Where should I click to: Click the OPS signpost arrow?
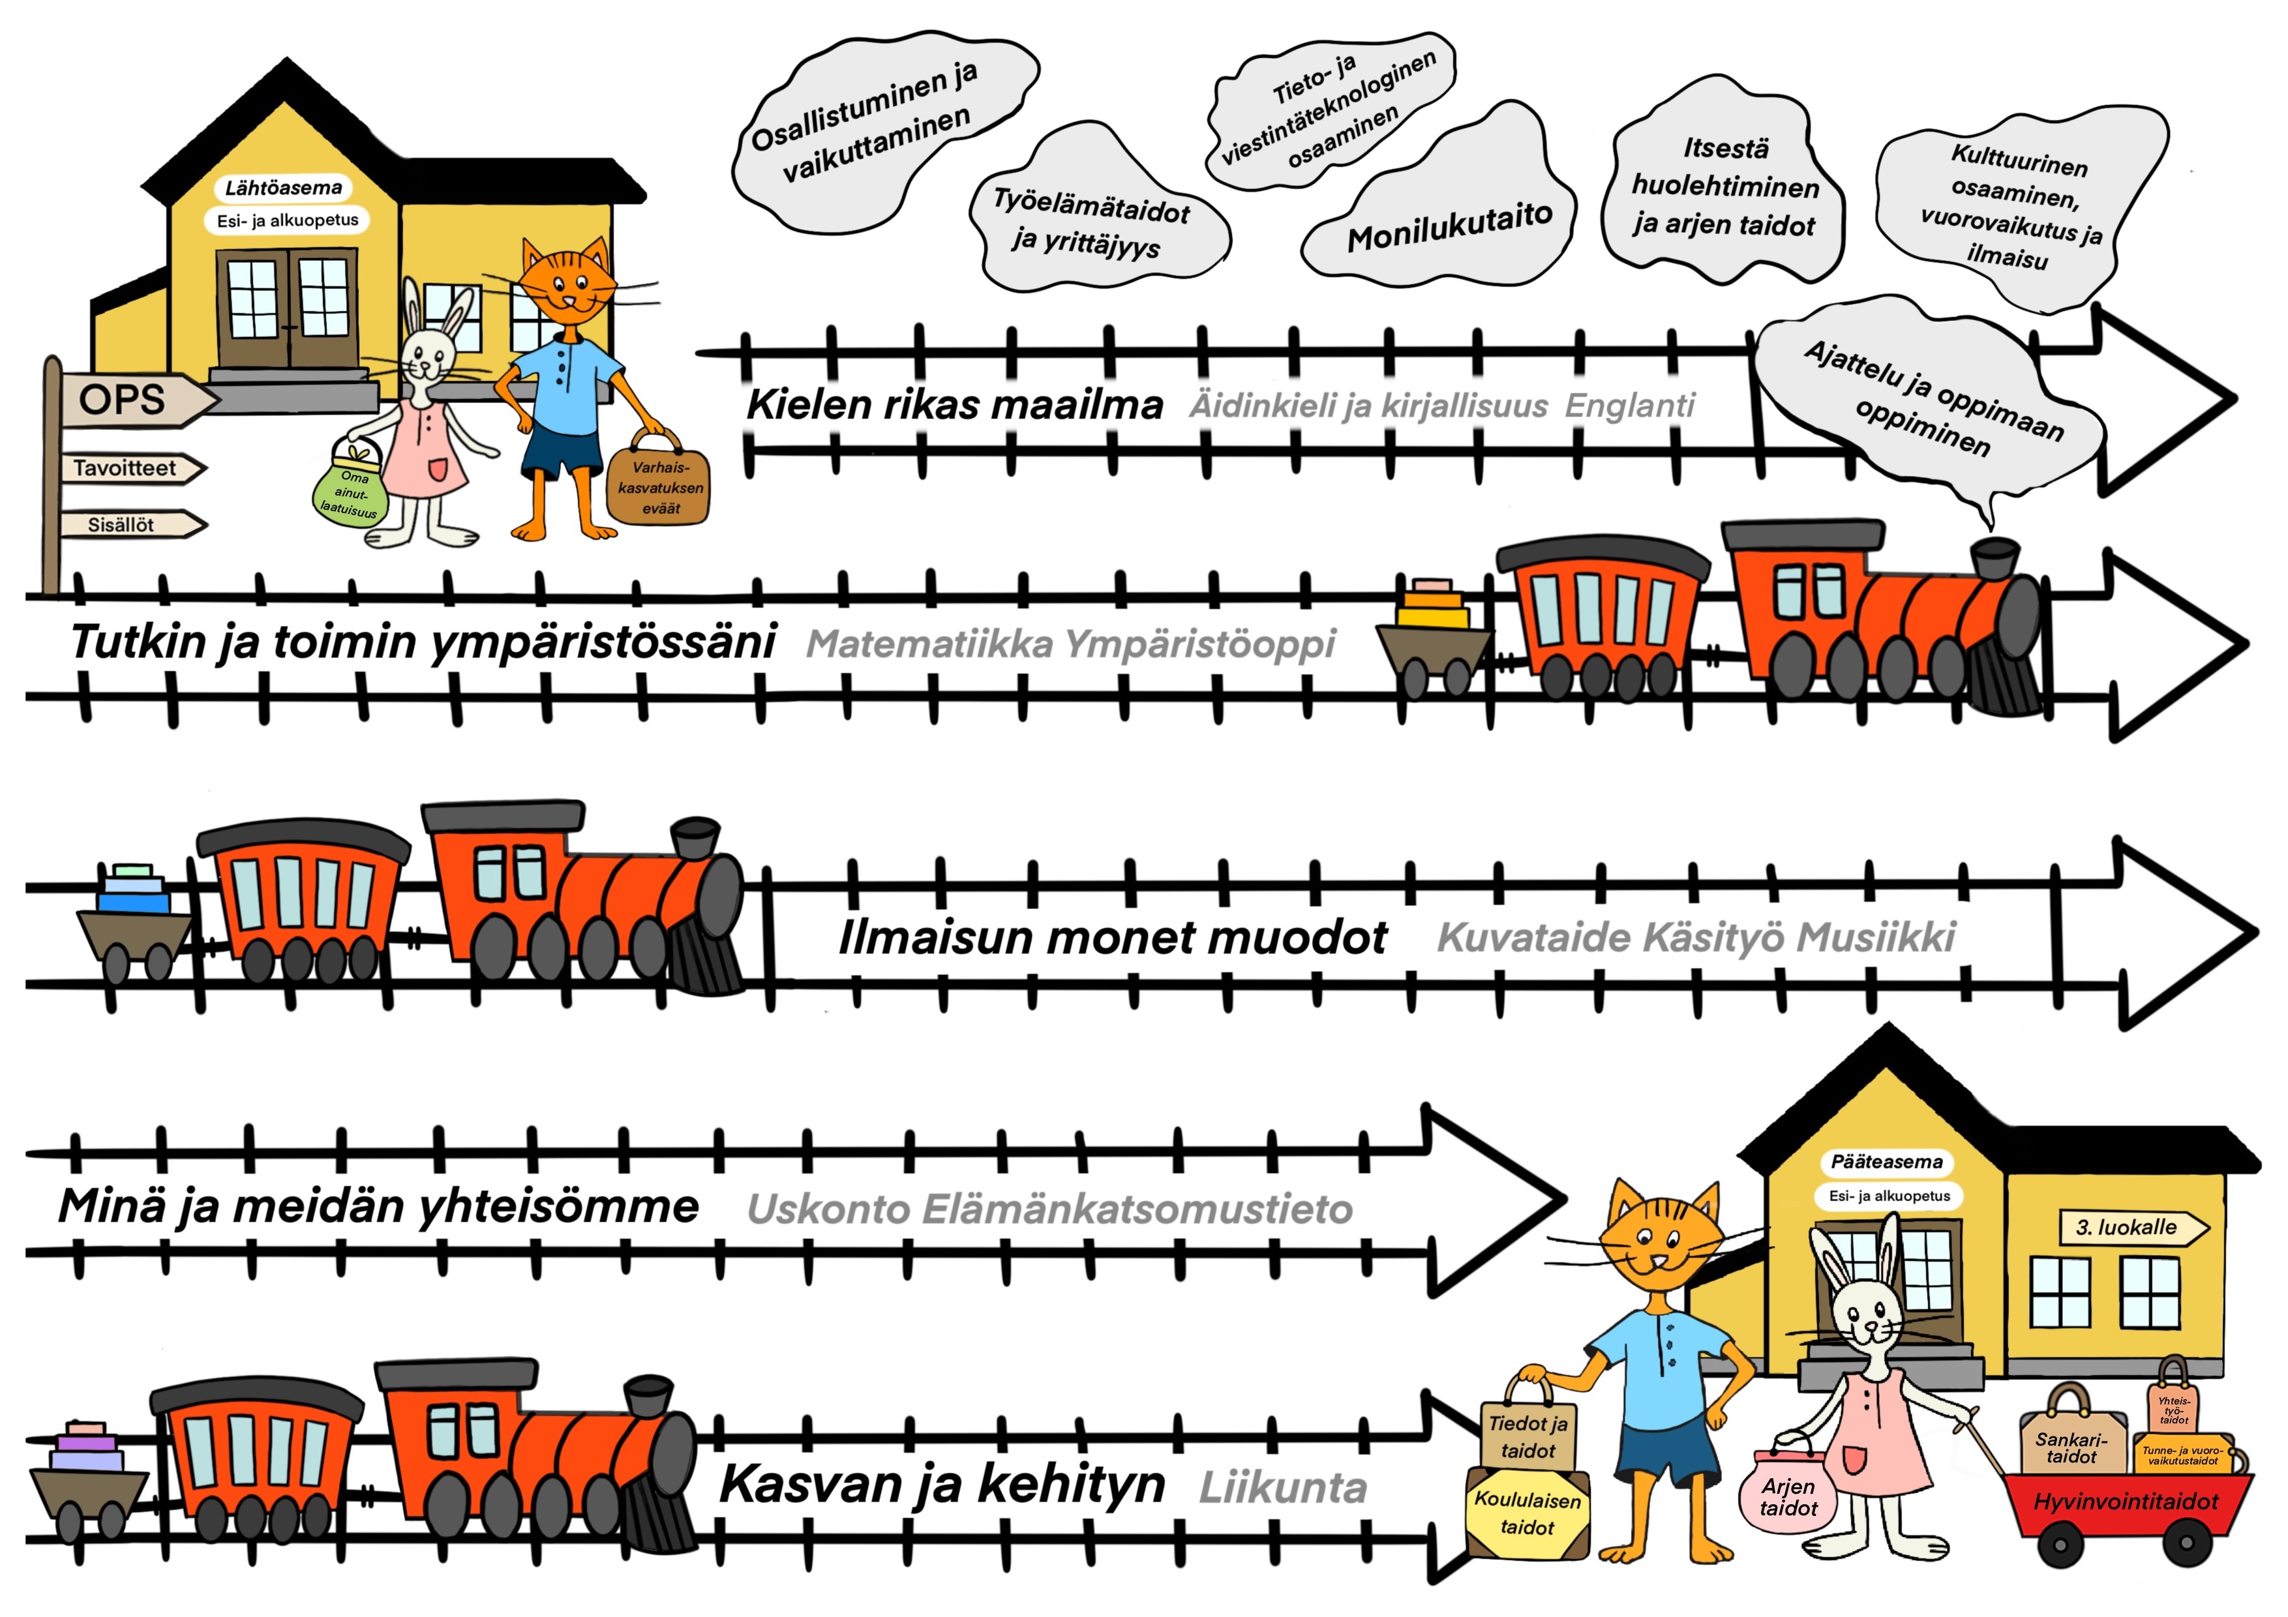(134, 400)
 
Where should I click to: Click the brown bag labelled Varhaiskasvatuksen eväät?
(659, 487)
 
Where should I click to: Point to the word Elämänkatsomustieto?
(1137, 1209)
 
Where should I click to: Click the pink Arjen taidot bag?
(1789, 1494)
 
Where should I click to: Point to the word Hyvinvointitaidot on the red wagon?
(2126, 1502)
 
